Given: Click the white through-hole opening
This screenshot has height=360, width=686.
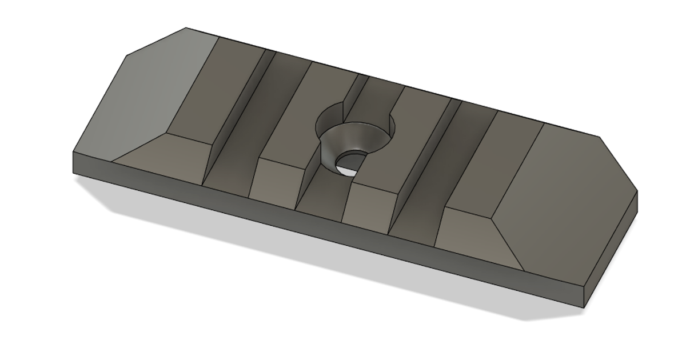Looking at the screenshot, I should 349,165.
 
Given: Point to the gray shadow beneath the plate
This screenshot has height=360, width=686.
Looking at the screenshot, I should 343,257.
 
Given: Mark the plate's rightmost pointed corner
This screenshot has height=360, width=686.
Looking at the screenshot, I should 637,192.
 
